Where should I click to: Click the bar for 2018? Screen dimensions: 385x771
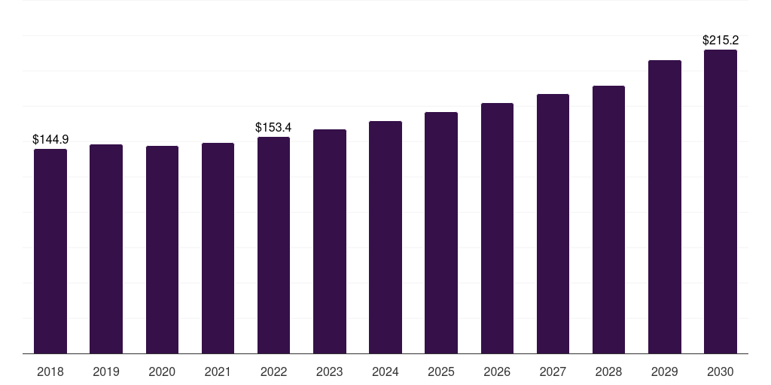(x=50, y=251)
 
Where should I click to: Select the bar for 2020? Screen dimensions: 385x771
(x=162, y=250)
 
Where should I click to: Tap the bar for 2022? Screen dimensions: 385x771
(x=273, y=245)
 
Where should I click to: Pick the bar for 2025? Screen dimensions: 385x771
(x=441, y=233)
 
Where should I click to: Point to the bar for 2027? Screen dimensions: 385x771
(x=553, y=224)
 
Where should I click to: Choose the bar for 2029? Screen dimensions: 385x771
(x=665, y=207)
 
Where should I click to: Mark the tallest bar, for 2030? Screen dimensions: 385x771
(x=721, y=202)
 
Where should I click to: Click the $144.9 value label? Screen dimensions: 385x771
(x=50, y=139)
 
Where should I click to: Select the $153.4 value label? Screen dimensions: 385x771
(x=273, y=127)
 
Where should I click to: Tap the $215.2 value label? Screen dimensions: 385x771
(x=721, y=40)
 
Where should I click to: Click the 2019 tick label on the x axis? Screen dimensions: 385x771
(x=106, y=371)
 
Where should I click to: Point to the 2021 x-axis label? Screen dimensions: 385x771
(x=218, y=371)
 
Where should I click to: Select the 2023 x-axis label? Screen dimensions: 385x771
(x=330, y=371)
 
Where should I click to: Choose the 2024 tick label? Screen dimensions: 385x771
(x=385, y=371)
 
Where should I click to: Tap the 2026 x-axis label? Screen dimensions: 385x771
(x=497, y=371)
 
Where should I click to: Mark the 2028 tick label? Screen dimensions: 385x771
(x=608, y=371)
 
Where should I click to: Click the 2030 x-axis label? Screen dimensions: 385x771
(x=721, y=371)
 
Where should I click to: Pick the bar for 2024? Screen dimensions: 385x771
(x=385, y=238)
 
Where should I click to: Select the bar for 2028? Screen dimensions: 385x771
(x=608, y=220)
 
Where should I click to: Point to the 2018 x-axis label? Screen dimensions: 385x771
(x=50, y=371)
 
